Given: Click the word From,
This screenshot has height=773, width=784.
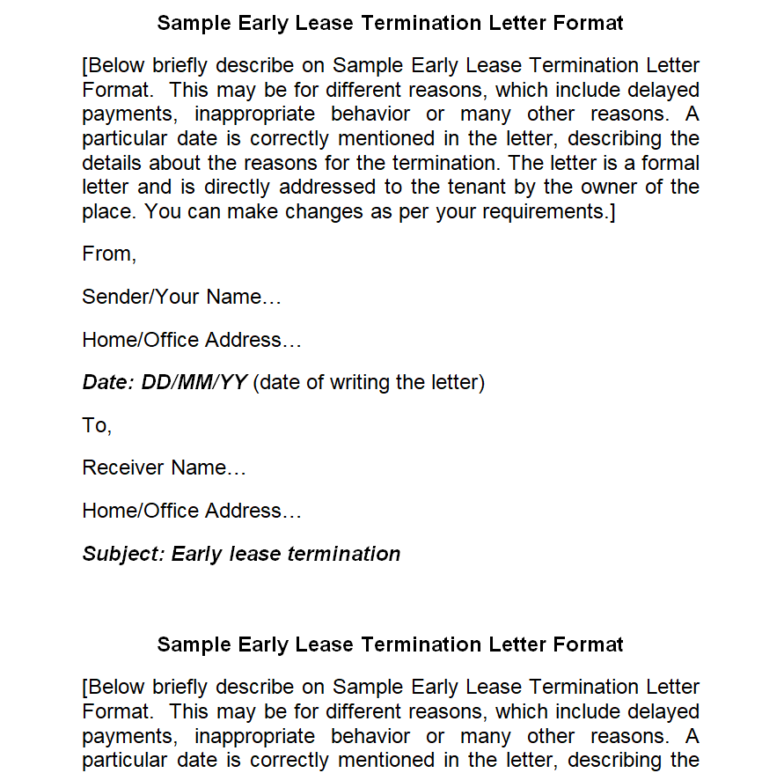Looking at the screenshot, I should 109,254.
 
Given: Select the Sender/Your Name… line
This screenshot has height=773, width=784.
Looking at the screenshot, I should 181,298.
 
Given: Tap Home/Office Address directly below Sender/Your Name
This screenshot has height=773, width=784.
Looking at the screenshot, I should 191,340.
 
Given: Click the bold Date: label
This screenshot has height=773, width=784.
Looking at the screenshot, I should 108,382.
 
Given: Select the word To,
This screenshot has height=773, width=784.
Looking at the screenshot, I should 97,425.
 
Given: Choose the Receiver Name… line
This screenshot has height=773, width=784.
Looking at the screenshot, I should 164,467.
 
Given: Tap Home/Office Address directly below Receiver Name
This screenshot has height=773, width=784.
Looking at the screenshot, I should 191,511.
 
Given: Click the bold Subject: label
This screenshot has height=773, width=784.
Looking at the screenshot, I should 123,554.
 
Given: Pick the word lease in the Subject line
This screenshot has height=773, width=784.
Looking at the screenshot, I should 255,554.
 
